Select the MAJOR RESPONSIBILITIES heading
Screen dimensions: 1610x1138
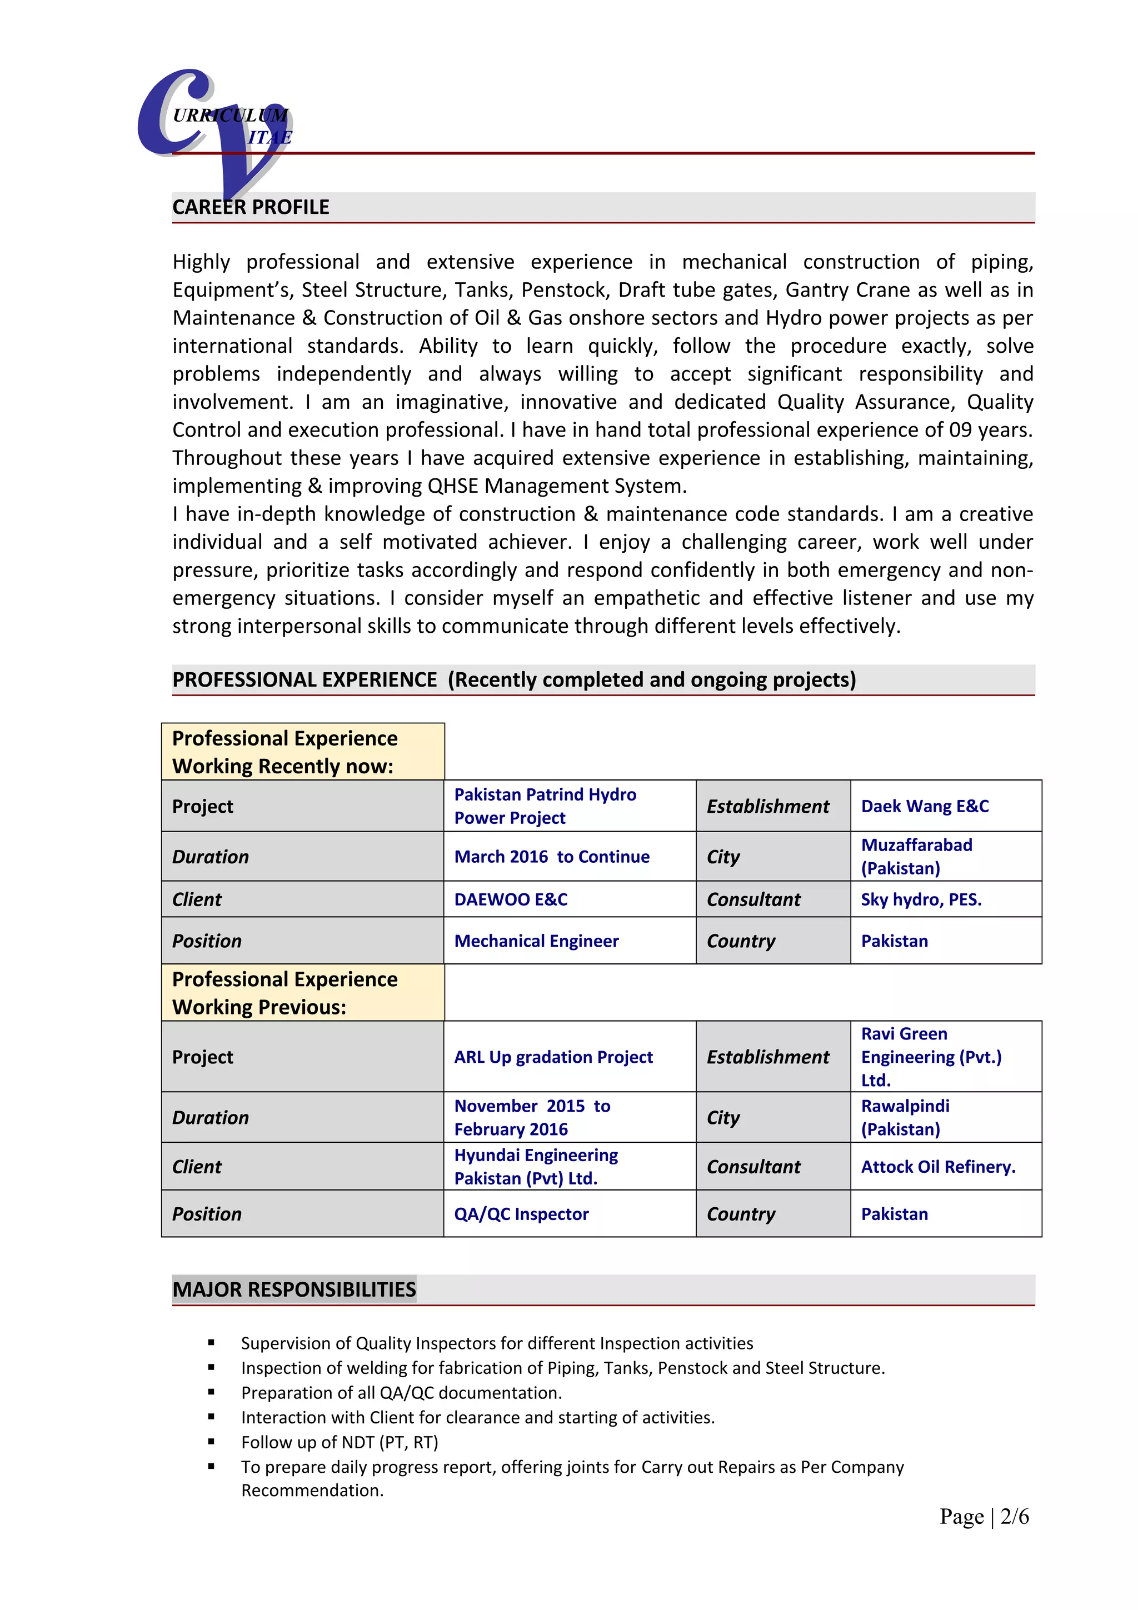click(294, 1289)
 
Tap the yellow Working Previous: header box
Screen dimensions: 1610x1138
click(302, 993)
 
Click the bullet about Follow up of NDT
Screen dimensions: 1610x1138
click(340, 1442)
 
